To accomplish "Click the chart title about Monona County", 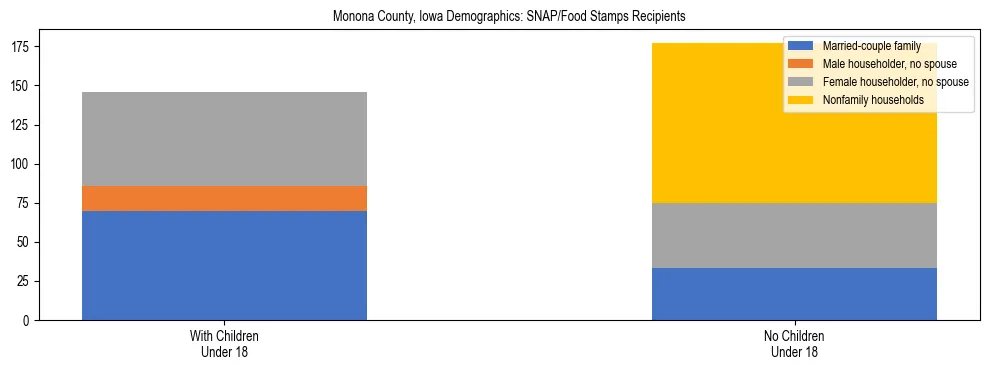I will [x=494, y=17].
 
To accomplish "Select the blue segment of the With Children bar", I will [x=224, y=265].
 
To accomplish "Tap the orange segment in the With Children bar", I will [x=224, y=198].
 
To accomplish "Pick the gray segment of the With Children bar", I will [x=224, y=139].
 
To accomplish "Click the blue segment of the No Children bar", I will [x=794, y=294].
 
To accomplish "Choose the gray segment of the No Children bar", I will [x=794, y=235].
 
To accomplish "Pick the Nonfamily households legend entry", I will [x=866, y=100].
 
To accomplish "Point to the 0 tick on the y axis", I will [x=28, y=321].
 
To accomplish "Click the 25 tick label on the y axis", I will [x=25, y=282].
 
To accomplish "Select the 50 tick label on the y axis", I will [x=25, y=243].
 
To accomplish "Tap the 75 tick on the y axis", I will [x=25, y=204].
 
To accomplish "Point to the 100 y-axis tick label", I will [x=22, y=164].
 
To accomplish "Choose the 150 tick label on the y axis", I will [x=22, y=86].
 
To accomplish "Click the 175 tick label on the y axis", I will [x=22, y=47].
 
